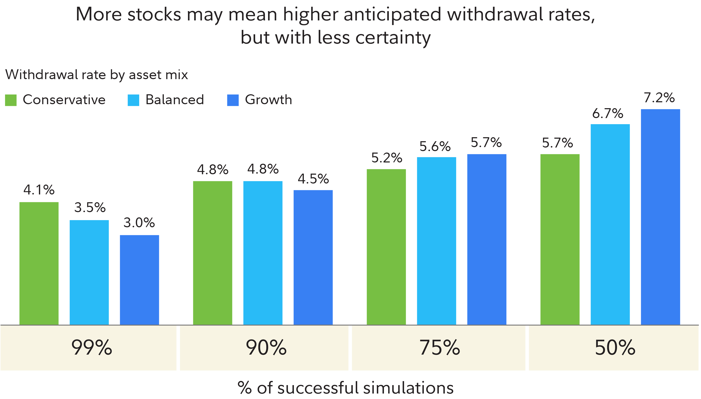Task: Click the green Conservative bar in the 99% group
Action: tap(39, 263)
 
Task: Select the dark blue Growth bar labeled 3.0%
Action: tap(139, 279)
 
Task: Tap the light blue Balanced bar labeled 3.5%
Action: tap(89, 272)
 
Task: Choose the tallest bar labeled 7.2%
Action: tap(660, 217)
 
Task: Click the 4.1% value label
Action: tap(39, 190)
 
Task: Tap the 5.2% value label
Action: tap(386, 158)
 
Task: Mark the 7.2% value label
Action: tap(659, 98)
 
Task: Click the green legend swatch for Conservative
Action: tap(11, 100)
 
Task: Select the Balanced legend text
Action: tap(175, 100)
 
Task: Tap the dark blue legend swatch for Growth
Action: tap(233, 100)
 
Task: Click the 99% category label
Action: tap(92, 347)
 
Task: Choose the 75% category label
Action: tap(440, 347)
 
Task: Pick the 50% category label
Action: tap(615, 347)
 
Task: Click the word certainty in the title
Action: tap(393, 38)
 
